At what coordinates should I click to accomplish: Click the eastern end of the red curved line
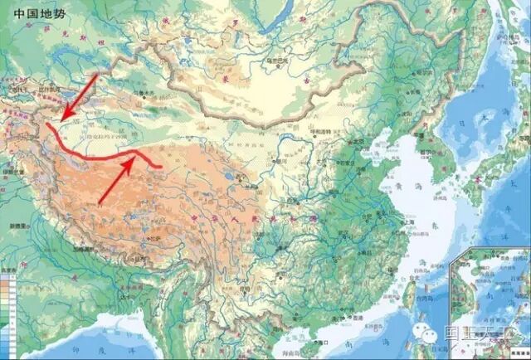tap(161, 167)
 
